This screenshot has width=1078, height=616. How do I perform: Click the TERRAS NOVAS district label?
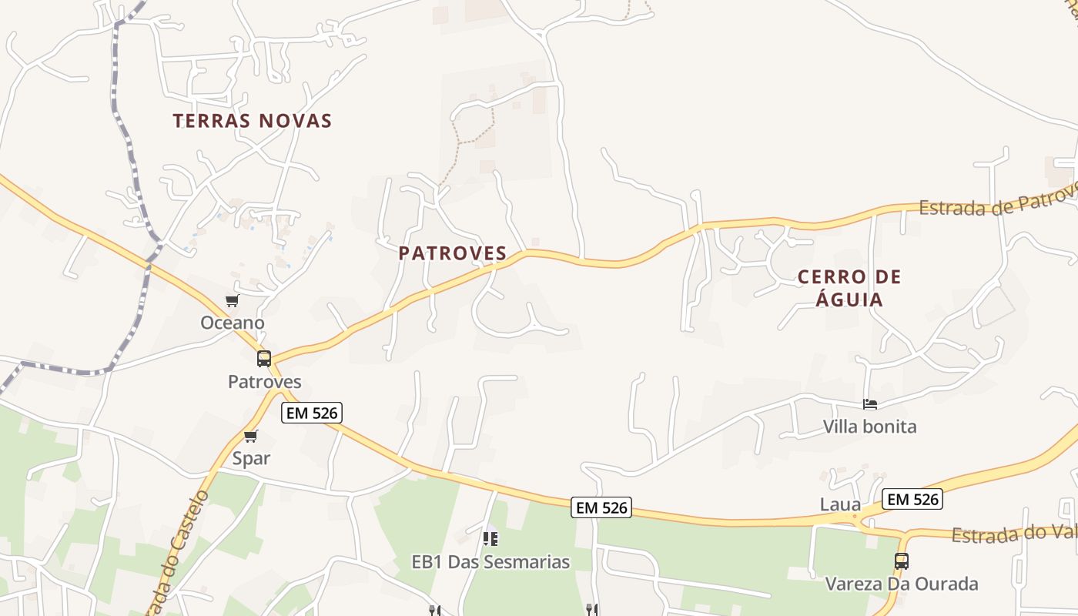pyautogui.click(x=253, y=121)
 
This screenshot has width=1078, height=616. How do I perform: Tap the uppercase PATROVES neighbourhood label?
pyautogui.click(x=453, y=253)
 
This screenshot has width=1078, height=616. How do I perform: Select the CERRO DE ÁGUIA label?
pyautogui.click(x=849, y=288)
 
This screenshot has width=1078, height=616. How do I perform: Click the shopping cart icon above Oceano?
pyautogui.click(x=232, y=301)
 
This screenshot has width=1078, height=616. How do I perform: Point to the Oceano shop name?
pyautogui.click(x=233, y=323)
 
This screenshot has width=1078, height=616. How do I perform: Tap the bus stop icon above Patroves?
pyautogui.click(x=264, y=358)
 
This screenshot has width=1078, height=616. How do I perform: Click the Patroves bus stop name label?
pyautogui.click(x=265, y=382)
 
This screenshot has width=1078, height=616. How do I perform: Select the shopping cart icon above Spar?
pyautogui.click(x=250, y=437)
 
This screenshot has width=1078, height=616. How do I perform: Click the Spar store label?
pyautogui.click(x=252, y=459)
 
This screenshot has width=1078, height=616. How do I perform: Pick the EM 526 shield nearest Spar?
pyautogui.click(x=312, y=413)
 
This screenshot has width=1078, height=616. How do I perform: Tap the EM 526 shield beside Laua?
pyautogui.click(x=912, y=499)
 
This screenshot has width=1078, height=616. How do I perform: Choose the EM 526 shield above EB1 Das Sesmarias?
pyautogui.click(x=602, y=507)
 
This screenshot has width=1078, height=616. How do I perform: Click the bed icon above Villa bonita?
pyautogui.click(x=870, y=404)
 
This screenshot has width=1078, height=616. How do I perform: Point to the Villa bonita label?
pyautogui.click(x=870, y=427)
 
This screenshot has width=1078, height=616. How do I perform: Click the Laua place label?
pyautogui.click(x=840, y=505)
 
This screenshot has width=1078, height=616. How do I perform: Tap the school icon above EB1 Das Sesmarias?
pyautogui.click(x=490, y=539)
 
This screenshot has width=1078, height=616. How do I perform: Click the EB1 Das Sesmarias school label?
pyautogui.click(x=491, y=562)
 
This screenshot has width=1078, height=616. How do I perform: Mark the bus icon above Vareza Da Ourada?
pyautogui.click(x=902, y=561)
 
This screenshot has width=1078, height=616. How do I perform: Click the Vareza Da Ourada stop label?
pyautogui.click(x=902, y=584)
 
